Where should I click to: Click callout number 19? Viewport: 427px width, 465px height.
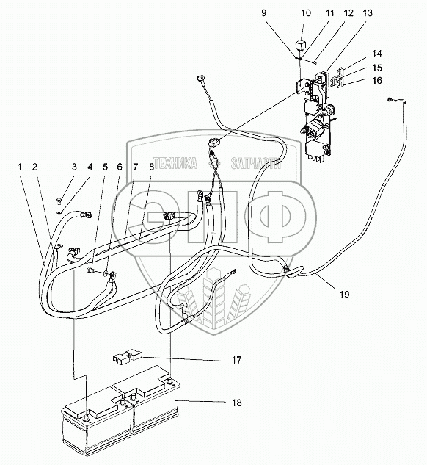click(x=345, y=295)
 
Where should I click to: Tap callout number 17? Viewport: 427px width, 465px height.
click(x=237, y=360)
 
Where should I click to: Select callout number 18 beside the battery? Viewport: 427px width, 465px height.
click(x=237, y=403)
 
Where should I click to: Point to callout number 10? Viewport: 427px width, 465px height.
click(x=306, y=13)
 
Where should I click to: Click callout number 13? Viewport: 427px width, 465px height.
click(x=368, y=13)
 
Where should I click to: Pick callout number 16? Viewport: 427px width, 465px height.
click(x=377, y=80)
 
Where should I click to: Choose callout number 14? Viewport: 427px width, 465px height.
click(x=377, y=54)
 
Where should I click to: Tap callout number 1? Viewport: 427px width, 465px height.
click(x=20, y=167)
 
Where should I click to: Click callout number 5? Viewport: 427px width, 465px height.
click(x=106, y=167)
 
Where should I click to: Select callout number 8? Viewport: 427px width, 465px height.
click(x=151, y=167)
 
